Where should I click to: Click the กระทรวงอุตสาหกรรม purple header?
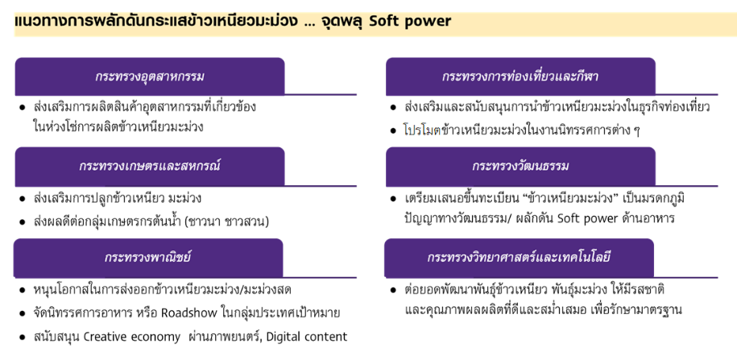(x=150, y=77)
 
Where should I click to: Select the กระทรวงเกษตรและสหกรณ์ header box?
(x=150, y=167)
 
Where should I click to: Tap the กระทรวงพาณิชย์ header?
(x=148, y=258)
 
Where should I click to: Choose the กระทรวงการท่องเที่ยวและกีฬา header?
(x=520, y=77)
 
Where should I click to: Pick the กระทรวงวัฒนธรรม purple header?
(x=520, y=167)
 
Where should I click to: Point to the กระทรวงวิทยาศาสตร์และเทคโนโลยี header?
(x=519, y=258)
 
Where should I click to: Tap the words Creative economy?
(x=131, y=337)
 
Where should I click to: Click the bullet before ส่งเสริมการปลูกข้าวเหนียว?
(x=22, y=199)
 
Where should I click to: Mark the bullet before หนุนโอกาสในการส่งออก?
(x=22, y=291)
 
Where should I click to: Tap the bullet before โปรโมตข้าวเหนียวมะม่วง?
(x=393, y=130)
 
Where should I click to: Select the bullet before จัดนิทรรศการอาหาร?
(x=22, y=313)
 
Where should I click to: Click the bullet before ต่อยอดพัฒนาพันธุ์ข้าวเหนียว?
(x=393, y=290)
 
